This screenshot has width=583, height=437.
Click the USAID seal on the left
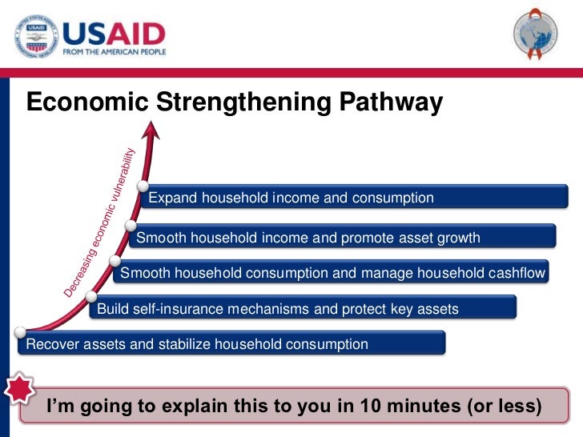click(34, 35)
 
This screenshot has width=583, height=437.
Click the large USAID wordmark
click(113, 31)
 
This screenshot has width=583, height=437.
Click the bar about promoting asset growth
click(344, 238)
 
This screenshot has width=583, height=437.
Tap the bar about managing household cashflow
click(332, 273)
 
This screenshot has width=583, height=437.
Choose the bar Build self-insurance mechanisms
click(304, 309)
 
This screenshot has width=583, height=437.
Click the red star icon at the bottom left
click(18, 391)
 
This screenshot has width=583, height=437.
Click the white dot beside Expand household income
click(143, 189)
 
